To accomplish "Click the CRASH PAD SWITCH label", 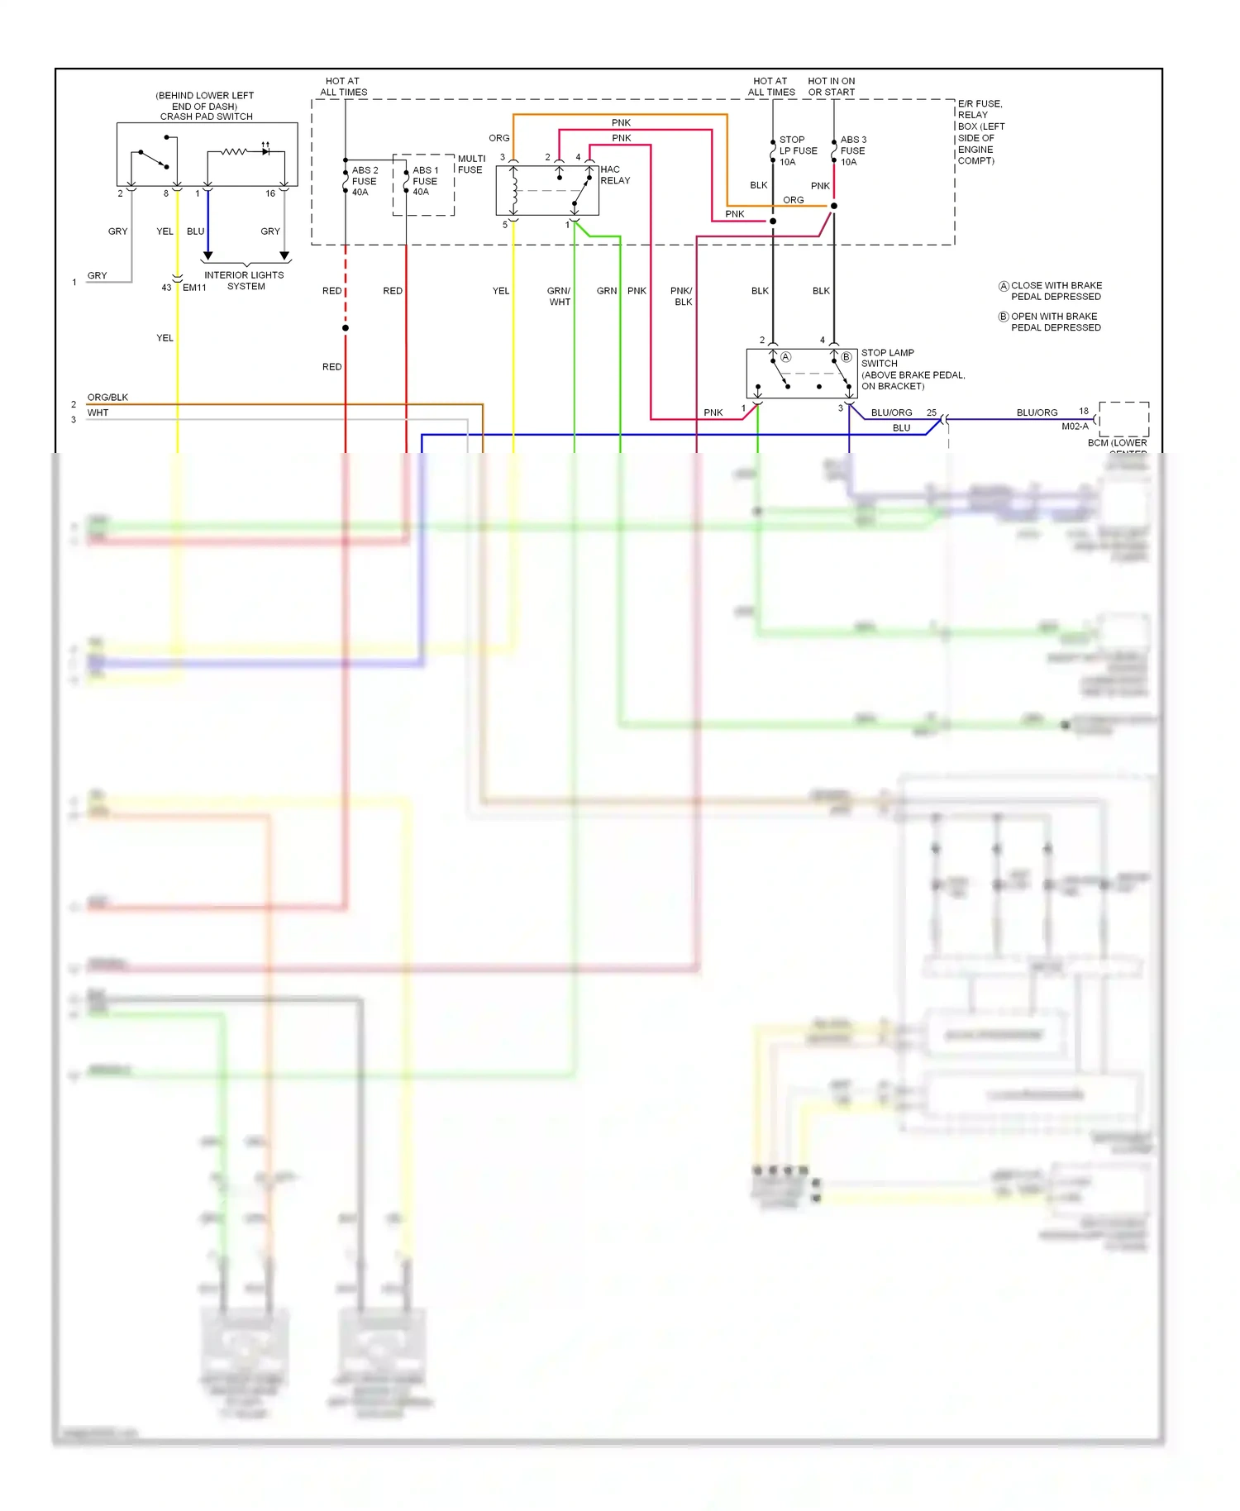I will pyautogui.click(x=206, y=117).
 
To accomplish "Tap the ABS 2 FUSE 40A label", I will pyautogui.click(x=364, y=181).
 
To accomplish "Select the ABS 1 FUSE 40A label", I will pyautogui.click(x=425, y=181).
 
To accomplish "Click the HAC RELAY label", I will pyautogui.click(x=615, y=174).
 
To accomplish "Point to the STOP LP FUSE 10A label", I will pyautogui.click(x=797, y=150).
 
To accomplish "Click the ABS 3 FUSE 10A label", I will pyautogui.click(x=853, y=150).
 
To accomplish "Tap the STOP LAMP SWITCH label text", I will pyautogui.click(x=887, y=358).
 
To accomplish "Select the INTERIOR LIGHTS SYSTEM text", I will pyautogui.click(x=245, y=280).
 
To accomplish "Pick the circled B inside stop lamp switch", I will pyautogui.click(x=846, y=357).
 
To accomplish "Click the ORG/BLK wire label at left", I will pyautogui.click(x=107, y=398).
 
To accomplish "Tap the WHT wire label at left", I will pyautogui.click(x=98, y=412).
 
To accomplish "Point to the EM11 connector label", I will pyautogui.click(x=194, y=288).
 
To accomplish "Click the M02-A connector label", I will pyautogui.click(x=1075, y=427).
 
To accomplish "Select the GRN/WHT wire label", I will pyautogui.click(x=559, y=296).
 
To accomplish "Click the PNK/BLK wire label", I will pyautogui.click(x=681, y=296).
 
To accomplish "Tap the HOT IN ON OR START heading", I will pyautogui.click(x=831, y=87).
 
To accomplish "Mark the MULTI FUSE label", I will pyautogui.click(x=471, y=164).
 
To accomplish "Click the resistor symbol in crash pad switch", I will pyautogui.click(x=234, y=151).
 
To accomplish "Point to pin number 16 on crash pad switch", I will pyautogui.click(x=270, y=193).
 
